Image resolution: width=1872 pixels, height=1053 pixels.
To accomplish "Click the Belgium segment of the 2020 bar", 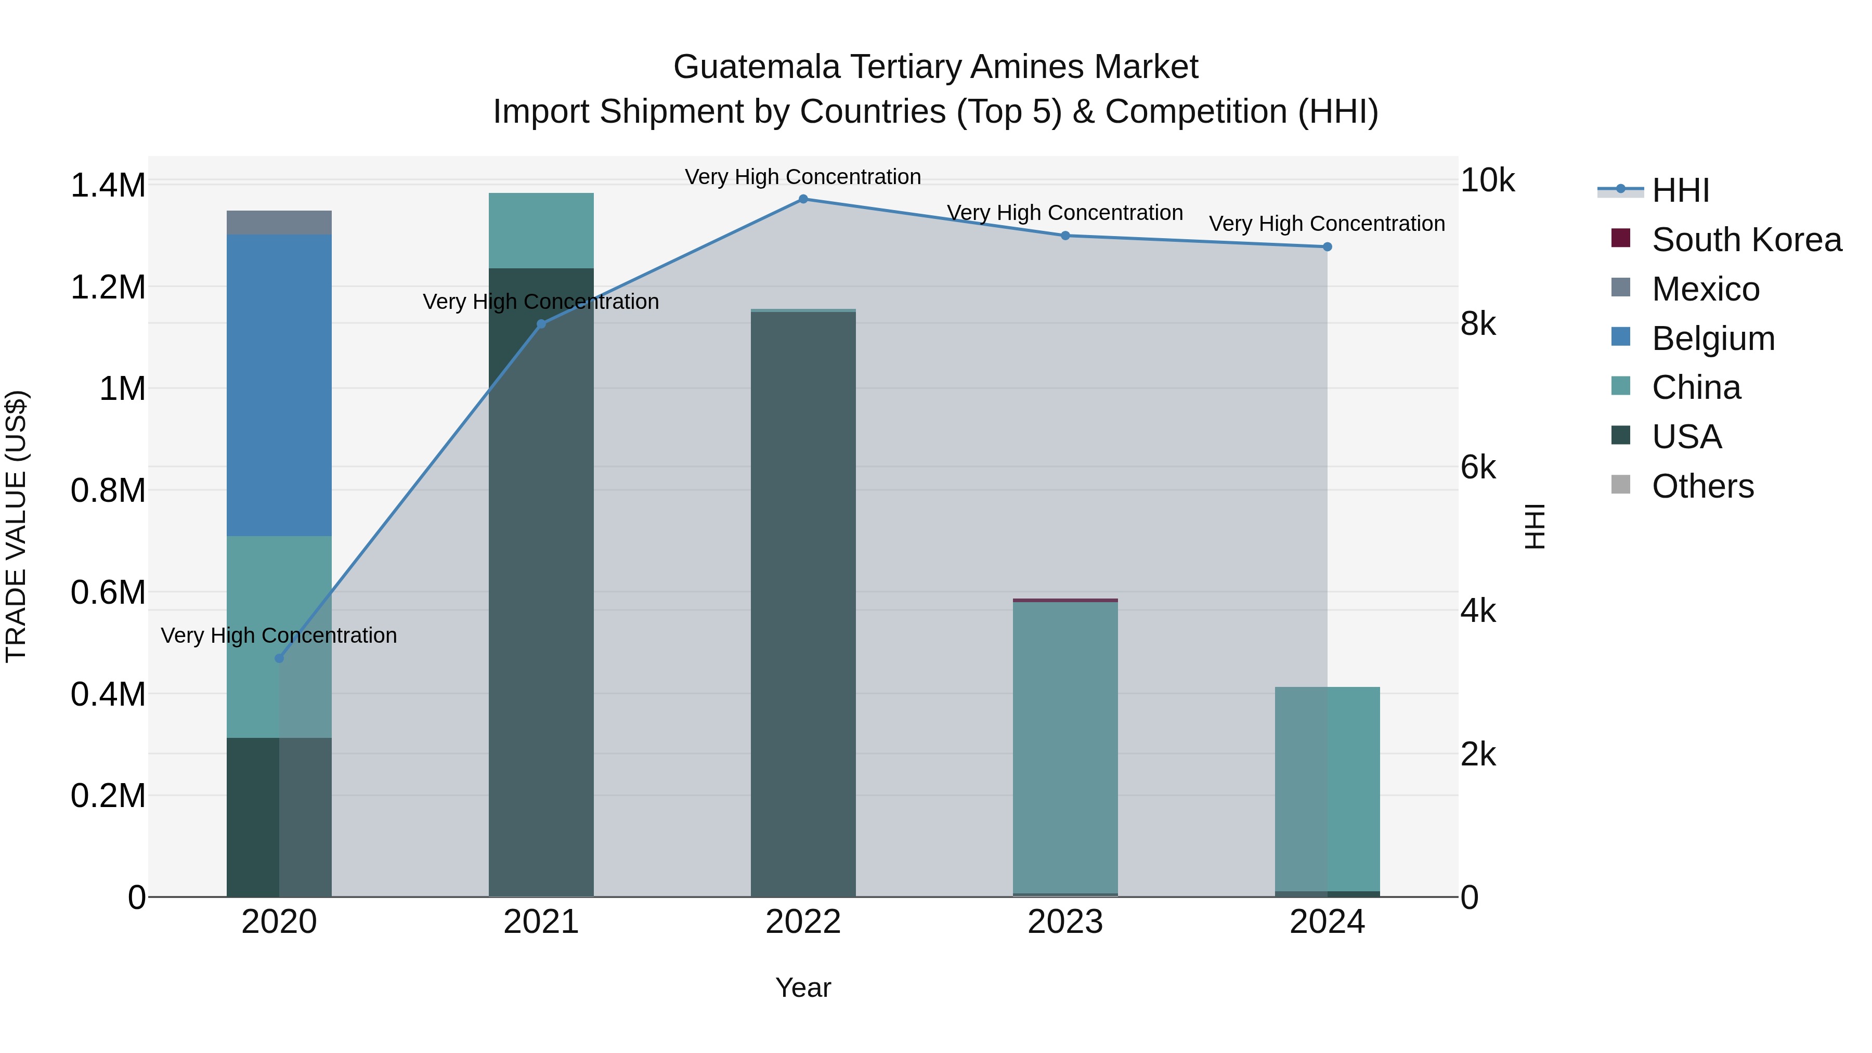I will tap(279, 385).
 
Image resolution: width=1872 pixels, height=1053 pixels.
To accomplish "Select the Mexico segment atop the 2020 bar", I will tap(279, 223).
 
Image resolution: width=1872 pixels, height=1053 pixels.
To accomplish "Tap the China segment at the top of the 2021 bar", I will tap(541, 230).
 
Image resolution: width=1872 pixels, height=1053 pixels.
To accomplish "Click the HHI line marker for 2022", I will tap(803, 199).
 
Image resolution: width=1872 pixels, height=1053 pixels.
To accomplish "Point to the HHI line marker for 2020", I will tap(279, 658).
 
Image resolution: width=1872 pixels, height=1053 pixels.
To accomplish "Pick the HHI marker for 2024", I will tap(1327, 247).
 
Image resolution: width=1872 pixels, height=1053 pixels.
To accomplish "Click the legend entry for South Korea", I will tap(1746, 240).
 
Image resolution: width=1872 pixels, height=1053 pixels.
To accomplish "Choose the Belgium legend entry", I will tap(1712, 339).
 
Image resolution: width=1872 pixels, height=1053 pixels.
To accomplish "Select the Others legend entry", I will tap(1702, 486).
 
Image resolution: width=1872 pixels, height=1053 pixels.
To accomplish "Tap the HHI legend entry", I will tap(1680, 190).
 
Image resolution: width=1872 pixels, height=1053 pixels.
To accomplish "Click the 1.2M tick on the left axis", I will tap(108, 288).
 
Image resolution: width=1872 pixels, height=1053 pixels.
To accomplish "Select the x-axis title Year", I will tap(803, 987).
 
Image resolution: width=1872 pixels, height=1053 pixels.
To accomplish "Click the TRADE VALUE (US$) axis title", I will tap(16, 526).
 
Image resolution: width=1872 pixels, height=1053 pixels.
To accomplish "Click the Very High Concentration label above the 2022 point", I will tap(803, 177).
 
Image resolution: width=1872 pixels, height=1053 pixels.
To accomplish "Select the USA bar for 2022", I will tap(803, 603).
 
